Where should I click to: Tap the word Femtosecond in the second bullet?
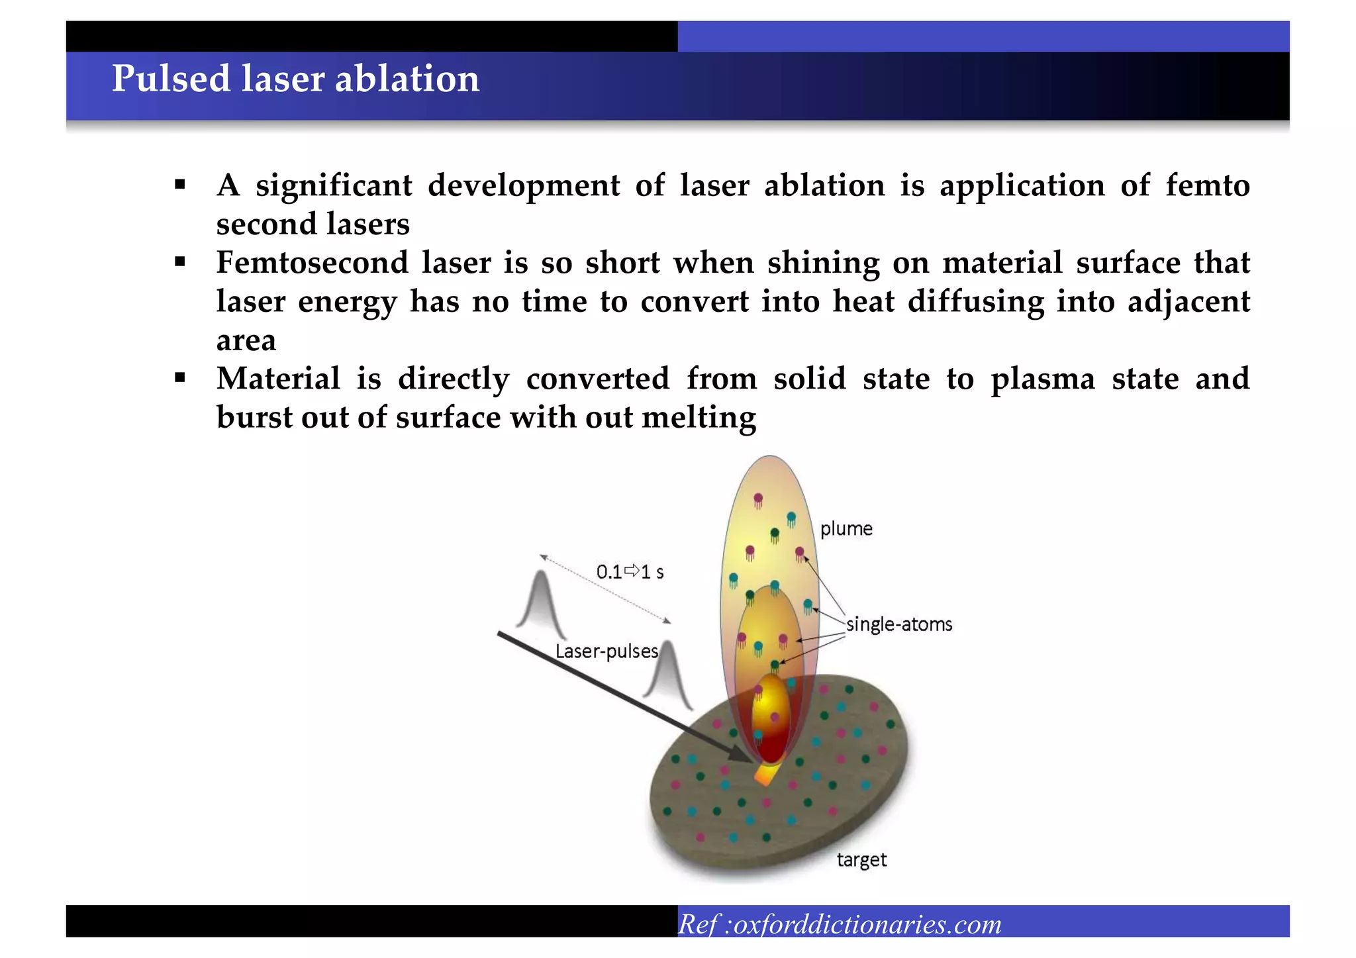[x=312, y=263]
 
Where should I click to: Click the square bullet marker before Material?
[x=180, y=379]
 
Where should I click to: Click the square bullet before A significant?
[x=180, y=185]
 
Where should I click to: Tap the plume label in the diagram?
[x=846, y=529]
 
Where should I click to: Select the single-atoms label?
[x=898, y=624]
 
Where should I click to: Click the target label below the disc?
[x=861, y=860]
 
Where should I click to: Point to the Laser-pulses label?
[x=606, y=651]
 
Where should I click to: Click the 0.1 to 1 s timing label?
[x=630, y=572]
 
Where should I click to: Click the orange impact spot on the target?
[x=766, y=774]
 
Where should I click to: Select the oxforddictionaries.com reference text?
[x=867, y=924]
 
